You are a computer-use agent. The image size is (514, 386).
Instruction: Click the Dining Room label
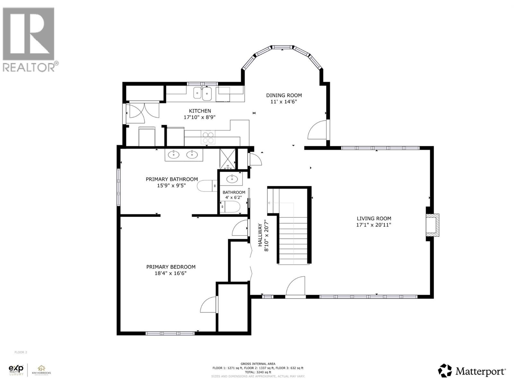click(x=284, y=95)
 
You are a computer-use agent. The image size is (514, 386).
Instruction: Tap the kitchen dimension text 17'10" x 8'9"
click(x=199, y=117)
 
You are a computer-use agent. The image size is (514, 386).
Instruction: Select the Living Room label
click(x=374, y=218)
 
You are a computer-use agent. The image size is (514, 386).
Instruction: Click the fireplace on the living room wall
click(x=432, y=226)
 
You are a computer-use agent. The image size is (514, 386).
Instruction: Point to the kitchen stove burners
click(x=208, y=138)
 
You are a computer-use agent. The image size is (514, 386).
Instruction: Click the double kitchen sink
click(x=202, y=94)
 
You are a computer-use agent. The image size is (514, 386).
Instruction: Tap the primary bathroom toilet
click(x=207, y=186)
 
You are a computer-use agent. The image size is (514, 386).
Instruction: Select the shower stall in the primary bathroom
click(x=227, y=159)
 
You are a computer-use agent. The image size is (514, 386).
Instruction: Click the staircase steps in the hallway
click(x=293, y=240)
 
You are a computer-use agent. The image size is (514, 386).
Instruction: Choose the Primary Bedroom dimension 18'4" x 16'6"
click(x=171, y=273)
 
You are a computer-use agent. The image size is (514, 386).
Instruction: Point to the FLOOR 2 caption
click(x=21, y=352)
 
